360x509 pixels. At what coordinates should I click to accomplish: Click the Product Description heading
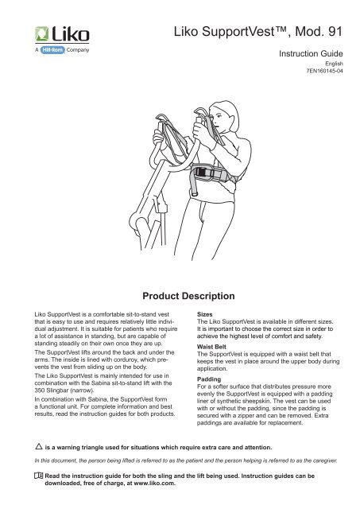180,294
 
